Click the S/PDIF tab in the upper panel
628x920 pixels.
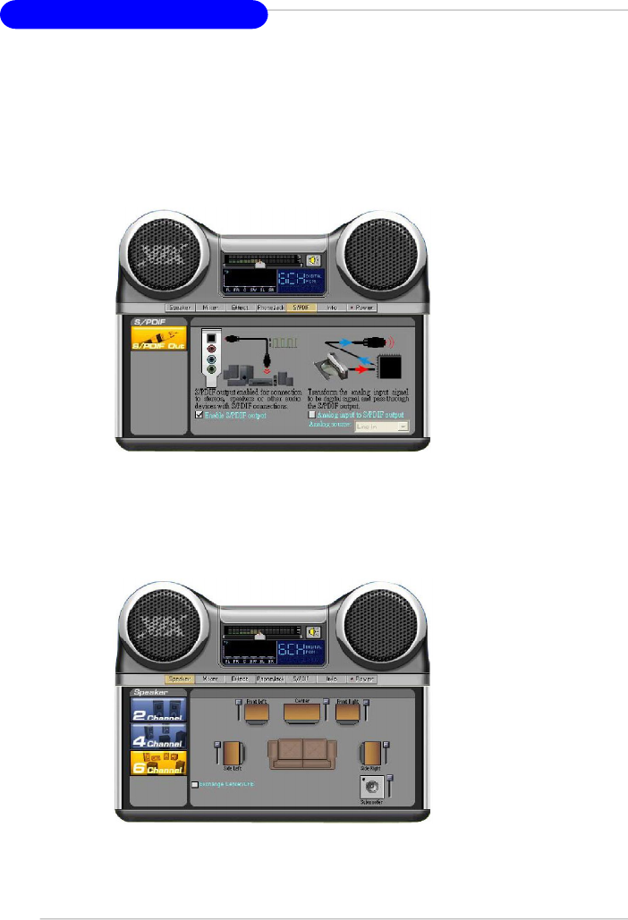point(303,307)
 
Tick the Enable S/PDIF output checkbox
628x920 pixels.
point(199,416)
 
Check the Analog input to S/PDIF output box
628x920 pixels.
point(310,416)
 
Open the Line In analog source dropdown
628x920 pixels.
point(382,428)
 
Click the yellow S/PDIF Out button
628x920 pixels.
point(158,340)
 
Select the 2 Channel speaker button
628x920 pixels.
point(157,710)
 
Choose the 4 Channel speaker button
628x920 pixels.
point(157,736)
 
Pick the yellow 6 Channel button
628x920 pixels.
point(157,762)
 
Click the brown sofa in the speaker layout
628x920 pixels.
point(304,753)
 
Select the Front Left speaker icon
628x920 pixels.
point(256,713)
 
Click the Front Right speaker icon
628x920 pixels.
point(347,713)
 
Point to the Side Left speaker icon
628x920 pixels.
point(232,753)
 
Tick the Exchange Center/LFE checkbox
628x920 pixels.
point(196,784)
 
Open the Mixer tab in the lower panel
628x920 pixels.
point(211,679)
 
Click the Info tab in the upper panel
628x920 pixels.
point(332,307)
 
